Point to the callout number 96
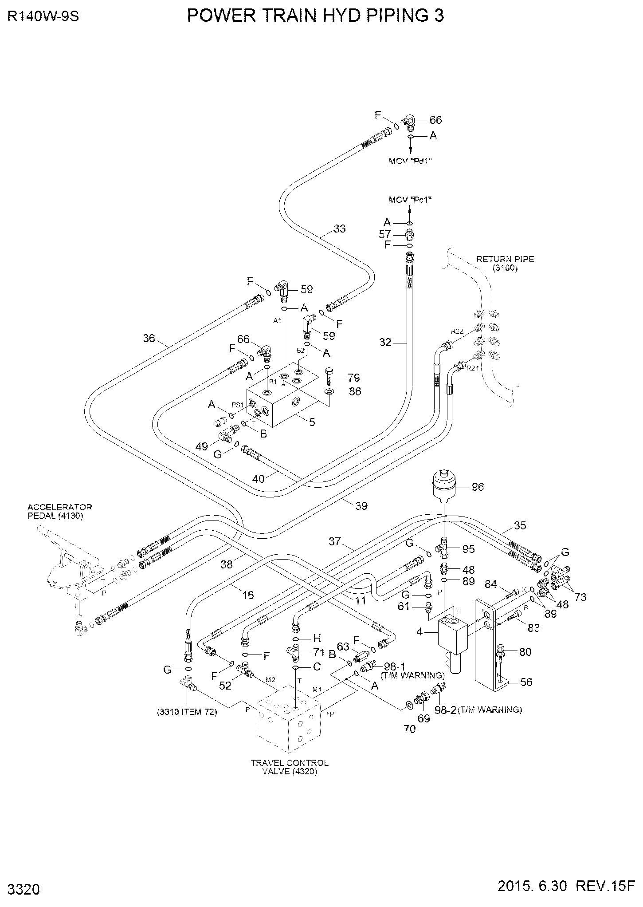tap(478, 487)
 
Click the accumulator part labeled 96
tap(444, 486)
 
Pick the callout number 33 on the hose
tap(339, 229)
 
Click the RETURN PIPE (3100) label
tap(505, 264)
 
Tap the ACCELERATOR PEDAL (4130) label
tap(60, 511)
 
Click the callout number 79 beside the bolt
tap(353, 378)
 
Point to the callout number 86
tap(355, 392)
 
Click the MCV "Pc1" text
tap(410, 200)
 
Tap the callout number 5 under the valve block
tap(312, 422)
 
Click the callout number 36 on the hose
tap(149, 339)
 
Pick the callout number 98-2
tap(444, 710)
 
